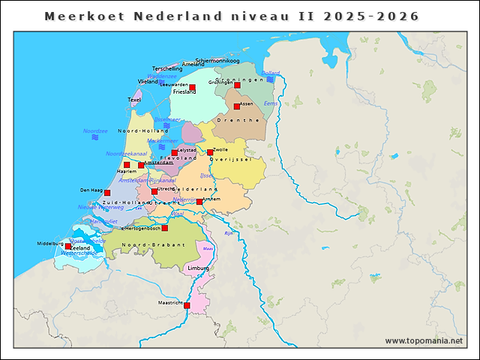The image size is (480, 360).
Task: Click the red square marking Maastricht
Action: tap(187, 305)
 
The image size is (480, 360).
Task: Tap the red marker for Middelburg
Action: tap(68, 246)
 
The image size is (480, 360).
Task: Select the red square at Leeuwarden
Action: tap(192, 88)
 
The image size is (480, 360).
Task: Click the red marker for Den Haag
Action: tap(107, 193)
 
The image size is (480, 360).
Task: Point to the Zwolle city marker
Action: tap(210, 152)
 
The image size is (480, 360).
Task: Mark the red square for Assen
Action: tap(236, 106)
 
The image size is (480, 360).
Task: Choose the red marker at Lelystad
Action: tap(175, 153)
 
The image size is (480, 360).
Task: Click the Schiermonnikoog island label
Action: tap(217, 61)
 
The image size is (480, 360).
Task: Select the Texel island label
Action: tap(134, 99)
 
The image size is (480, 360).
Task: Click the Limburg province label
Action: tap(199, 268)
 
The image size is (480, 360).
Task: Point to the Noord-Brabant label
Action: tap(143, 246)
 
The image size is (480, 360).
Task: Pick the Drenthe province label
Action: tap(238, 120)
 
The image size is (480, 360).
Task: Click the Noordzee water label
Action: tap(95, 130)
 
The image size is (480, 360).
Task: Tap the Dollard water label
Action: tap(270, 73)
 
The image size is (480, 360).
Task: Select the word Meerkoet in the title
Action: tap(74, 16)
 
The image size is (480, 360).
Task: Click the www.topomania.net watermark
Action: tap(424, 341)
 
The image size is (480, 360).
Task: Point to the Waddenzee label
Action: tap(162, 76)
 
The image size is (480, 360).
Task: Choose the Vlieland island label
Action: tap(148, 82)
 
